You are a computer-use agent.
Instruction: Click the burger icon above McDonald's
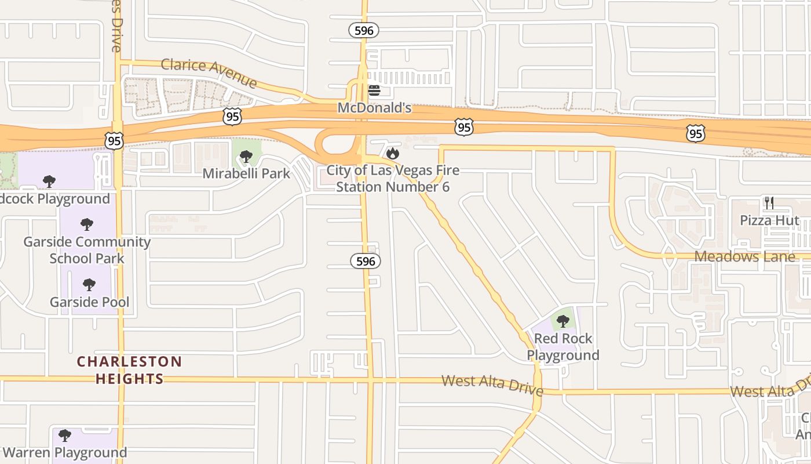point(374,90)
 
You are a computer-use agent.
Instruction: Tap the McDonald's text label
point(374,108)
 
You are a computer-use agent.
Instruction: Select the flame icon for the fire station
point(393,153)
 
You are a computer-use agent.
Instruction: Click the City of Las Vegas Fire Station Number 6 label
point(393,179)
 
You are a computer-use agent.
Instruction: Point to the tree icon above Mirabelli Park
point(246,156)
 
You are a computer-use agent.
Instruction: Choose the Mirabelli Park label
point(246,173)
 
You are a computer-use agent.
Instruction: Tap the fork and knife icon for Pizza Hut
point(769,203)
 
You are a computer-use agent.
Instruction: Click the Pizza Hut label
point(769,220)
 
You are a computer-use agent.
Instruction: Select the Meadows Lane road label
point(744,256)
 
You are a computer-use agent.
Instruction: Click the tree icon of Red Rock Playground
point(562,321)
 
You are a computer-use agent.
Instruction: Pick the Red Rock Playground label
point(563,347)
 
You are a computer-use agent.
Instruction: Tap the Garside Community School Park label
point(87,250)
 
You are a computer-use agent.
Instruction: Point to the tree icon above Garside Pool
point(89,285)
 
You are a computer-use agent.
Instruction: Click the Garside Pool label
point(89,302)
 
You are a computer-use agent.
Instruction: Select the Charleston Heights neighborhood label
point(130,370)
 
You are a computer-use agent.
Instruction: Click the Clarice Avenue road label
point(209,72)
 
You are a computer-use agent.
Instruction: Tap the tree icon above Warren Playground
point(65,435)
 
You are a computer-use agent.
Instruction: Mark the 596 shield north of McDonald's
point(364,30)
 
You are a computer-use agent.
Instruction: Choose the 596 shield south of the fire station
point(366,262)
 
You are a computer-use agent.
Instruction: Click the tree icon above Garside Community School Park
point(87,224)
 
